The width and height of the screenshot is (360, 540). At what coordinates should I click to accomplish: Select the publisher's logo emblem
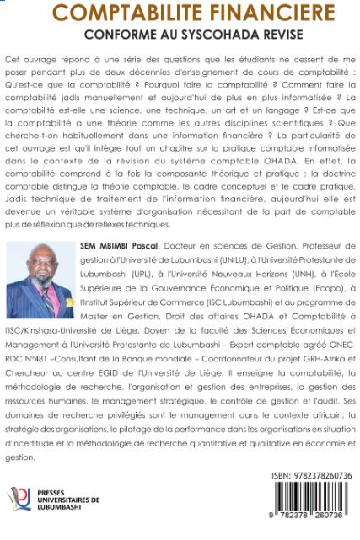[19, 504]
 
